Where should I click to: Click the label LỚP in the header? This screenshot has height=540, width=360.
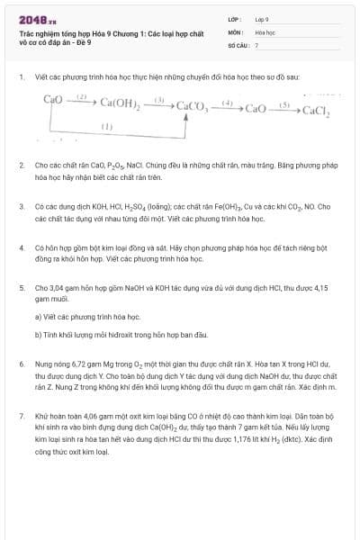point(233,19)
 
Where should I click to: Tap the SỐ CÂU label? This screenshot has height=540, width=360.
point(237,44)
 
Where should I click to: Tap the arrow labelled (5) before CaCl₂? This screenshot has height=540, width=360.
point(284,108)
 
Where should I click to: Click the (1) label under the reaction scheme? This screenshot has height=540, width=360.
point(106,127)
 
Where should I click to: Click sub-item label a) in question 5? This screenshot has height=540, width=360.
point(38,317)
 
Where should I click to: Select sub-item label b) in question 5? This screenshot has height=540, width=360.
point(38,335)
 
